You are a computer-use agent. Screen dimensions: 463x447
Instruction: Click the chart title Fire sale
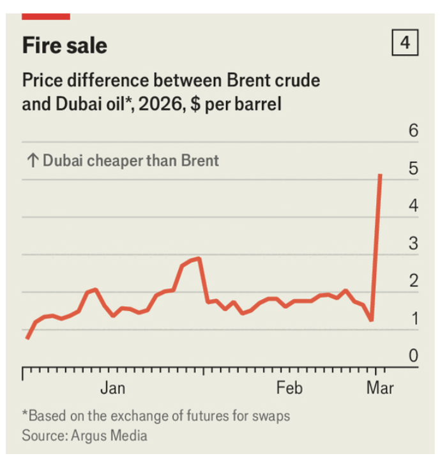64,45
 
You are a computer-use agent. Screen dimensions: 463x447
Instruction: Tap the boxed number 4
405,43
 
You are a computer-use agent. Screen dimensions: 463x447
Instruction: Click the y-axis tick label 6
413,131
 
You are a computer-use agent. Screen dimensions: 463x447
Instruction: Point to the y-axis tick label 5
413,169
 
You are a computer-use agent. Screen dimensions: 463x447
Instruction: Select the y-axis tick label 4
413,206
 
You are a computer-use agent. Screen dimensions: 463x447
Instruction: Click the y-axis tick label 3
413,244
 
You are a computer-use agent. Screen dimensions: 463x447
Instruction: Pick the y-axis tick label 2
413,281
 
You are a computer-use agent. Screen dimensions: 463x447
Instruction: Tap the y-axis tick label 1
413,319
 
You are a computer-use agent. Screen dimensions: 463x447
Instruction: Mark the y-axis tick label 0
413,356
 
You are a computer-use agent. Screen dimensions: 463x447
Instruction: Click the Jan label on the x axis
112,388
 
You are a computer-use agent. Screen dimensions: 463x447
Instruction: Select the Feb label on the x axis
289,388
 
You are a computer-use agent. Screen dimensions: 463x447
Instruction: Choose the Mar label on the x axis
380,388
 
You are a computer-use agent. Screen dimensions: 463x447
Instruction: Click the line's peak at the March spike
381,174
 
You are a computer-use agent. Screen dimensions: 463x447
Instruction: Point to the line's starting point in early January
27,338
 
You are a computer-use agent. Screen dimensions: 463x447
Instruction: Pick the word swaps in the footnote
270,416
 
